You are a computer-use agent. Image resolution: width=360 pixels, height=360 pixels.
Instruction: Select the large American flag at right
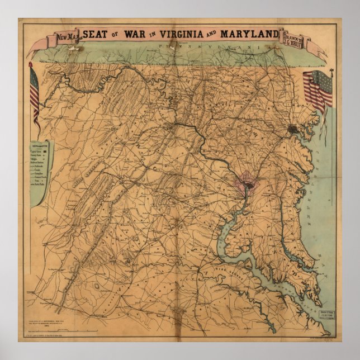pyautogui.click(x=319, y=89)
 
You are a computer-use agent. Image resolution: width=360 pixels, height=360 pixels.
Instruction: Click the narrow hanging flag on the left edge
pyautogui.click(x=34, y=92)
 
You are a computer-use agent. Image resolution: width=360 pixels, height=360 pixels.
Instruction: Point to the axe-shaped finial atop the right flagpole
pyautogui.click(x=332, y=71)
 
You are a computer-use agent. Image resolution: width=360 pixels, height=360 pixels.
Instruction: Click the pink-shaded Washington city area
pyautogui.click(x=244, y=192)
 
